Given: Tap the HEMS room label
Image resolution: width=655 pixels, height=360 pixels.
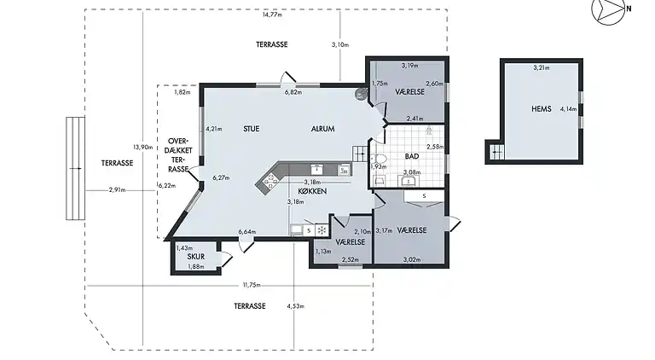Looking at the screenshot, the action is (x=542, y=109).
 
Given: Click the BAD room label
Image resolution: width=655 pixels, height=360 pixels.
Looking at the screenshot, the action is (x=412, y=156).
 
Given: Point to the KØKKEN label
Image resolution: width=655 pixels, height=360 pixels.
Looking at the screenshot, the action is (x=312, y=191).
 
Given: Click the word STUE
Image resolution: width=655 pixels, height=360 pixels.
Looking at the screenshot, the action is (x=251, y=129).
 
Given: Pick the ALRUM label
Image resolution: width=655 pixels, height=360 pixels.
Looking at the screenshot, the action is (x=323, y=129).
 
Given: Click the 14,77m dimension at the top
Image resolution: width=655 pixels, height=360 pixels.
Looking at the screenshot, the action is (x=272, y=15).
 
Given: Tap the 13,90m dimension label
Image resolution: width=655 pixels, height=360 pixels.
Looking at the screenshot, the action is (x=143, y=147).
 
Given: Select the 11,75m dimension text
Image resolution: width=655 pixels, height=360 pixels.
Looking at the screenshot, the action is (x=252, y=285).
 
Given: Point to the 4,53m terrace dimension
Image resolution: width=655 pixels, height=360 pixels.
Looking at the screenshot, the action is (x=295, y=306).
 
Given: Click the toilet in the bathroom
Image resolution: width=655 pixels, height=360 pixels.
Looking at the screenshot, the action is (x=379, y=159).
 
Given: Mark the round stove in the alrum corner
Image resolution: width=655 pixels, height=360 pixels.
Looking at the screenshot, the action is (x=361, y=94).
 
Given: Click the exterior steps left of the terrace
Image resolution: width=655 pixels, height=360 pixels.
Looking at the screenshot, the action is (x=76, y=168).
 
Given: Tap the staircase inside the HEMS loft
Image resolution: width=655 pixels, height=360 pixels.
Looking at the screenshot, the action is (x=496, y=152).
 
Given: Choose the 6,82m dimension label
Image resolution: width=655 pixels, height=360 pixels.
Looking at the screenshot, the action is (x=293, y=92).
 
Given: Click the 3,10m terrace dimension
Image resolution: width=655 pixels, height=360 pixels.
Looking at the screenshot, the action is (x=340, y=44).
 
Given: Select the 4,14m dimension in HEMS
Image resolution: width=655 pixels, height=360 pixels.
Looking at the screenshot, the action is (x=569, y=109).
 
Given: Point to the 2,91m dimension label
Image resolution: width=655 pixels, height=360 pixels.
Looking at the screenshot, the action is (x=118, y=190).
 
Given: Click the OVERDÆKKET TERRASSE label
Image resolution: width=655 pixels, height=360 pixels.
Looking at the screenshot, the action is (x=180, y=154).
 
